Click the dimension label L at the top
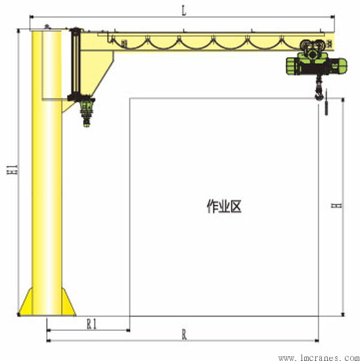coord(184,11)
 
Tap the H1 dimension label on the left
coord(12,169)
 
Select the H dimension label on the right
coord(337,205)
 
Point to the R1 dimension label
coord(92,324)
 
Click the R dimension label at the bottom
coord(184,335)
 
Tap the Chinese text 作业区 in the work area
coord(224,206)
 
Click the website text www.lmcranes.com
coord(319,358)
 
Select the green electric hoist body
coord(317,66)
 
